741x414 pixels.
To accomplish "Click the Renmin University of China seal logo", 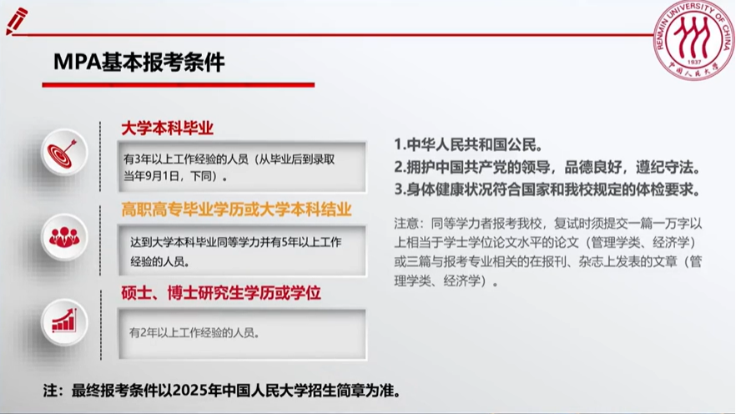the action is (694, 40).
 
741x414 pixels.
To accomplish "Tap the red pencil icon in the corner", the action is (17, 21).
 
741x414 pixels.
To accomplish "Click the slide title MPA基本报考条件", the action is (139, 62).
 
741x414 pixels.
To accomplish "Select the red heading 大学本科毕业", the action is (167, 128).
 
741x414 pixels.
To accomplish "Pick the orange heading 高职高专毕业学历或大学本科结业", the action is (236, 210).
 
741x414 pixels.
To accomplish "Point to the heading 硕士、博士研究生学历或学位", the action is (220, 293).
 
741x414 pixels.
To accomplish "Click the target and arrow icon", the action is (64, 152).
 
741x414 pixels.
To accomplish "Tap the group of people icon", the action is (64, 237).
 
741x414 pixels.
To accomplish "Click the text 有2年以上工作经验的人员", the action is (194, 333).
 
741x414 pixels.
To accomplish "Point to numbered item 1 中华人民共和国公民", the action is (469, 144).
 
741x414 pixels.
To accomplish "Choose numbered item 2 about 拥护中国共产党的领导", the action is (547, 167).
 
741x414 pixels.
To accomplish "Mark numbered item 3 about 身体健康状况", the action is (547, 189).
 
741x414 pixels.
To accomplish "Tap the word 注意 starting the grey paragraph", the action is (406, 223).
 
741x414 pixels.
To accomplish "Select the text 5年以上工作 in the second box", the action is (311, 242).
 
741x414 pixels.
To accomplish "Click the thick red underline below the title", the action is (179, 84).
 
